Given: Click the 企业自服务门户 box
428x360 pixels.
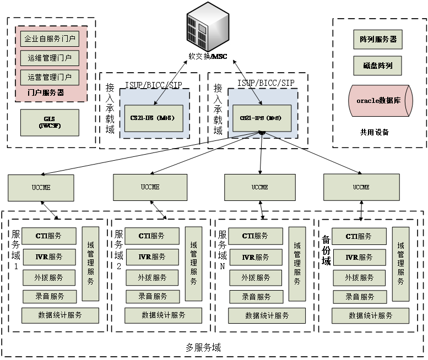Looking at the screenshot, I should pos(50,39).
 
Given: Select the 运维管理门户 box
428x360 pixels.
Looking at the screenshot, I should pos(50,58).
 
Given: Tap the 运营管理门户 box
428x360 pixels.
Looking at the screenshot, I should pos(50,77).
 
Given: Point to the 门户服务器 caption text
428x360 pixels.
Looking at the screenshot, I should pos(46,93).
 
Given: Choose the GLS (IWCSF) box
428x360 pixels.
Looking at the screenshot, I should pos(50,122).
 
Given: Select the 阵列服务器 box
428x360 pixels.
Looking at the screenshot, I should pos(378,40).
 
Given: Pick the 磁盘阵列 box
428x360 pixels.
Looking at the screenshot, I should pos(378,66).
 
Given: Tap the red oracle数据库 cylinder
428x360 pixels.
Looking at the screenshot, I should pos(380,101).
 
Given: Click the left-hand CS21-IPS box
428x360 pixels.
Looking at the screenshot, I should pos(153,118).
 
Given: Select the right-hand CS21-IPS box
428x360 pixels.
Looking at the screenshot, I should pos(261,118).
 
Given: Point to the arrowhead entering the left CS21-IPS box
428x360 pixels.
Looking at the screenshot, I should pos(156,103).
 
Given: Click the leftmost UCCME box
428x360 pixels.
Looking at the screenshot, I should pos(41,188).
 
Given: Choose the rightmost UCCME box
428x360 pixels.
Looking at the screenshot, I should pos(361,187).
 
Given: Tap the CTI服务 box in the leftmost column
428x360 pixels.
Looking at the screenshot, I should pos(48,236).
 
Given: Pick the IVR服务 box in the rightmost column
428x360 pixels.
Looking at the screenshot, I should pos(359,257).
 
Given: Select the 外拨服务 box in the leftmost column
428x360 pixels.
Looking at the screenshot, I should pos(48,277).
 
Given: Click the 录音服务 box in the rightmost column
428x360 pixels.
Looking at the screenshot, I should pos(359,297).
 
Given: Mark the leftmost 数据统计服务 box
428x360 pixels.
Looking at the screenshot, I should pos(60,315).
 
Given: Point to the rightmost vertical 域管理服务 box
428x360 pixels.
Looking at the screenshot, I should pos(400,264).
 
